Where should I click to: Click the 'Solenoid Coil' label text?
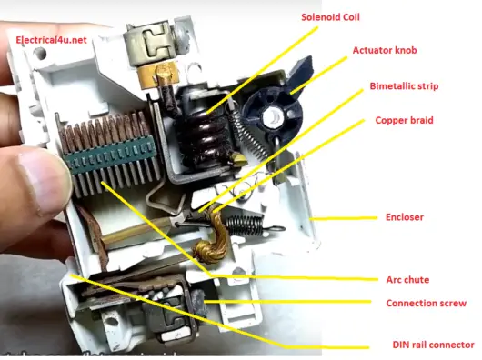pos(330,16)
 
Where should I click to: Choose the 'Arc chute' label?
pos(406,279)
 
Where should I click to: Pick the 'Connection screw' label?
pos(426,303)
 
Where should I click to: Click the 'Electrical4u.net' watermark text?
pos(51,40)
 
